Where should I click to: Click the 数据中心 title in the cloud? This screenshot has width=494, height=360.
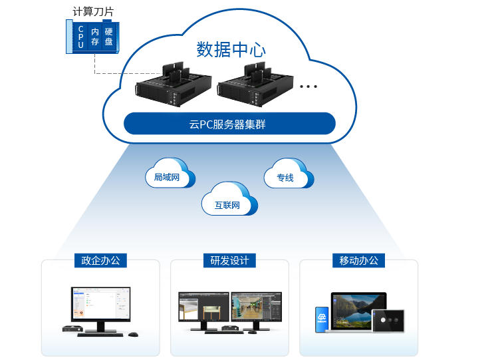pyautogui.click(x=231, y=50)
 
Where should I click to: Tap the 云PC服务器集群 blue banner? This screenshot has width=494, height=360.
pyautogui.click(x=229, y=124)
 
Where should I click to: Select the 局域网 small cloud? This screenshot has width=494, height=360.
pyautogui.click(x=169, y=176)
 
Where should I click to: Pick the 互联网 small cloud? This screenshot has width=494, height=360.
pyautogui.click(x=228, y=202)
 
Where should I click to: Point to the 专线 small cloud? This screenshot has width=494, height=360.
pyautogui.click(x=287, y=176)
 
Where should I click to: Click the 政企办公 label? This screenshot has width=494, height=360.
pyautogui.click(x=100, y=260)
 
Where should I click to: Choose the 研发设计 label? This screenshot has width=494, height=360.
pyautogui.click(x=229, y=260)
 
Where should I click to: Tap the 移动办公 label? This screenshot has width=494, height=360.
pyautogui.click(x=359, y=260)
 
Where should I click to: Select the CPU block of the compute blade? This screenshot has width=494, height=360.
pyautogui.click(x=80, y=37)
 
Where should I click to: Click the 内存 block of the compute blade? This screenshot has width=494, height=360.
pyautogui.click(x=95, y=37)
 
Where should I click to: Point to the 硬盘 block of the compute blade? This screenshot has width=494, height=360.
pyautogui.click(x=109, y=37)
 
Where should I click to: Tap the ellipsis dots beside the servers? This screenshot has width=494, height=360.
pyautogui.click(x=309, y=86)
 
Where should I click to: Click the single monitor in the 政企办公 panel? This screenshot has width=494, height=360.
pyautogui.click(x=100, y=307)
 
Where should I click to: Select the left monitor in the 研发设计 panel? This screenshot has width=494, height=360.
pyautogui.click(x=203, y=309)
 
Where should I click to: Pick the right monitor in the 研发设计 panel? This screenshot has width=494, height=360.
pyautogui.click(x=257, y=309)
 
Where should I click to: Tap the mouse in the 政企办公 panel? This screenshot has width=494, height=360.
pyautogui.click(x=134, y=333)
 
